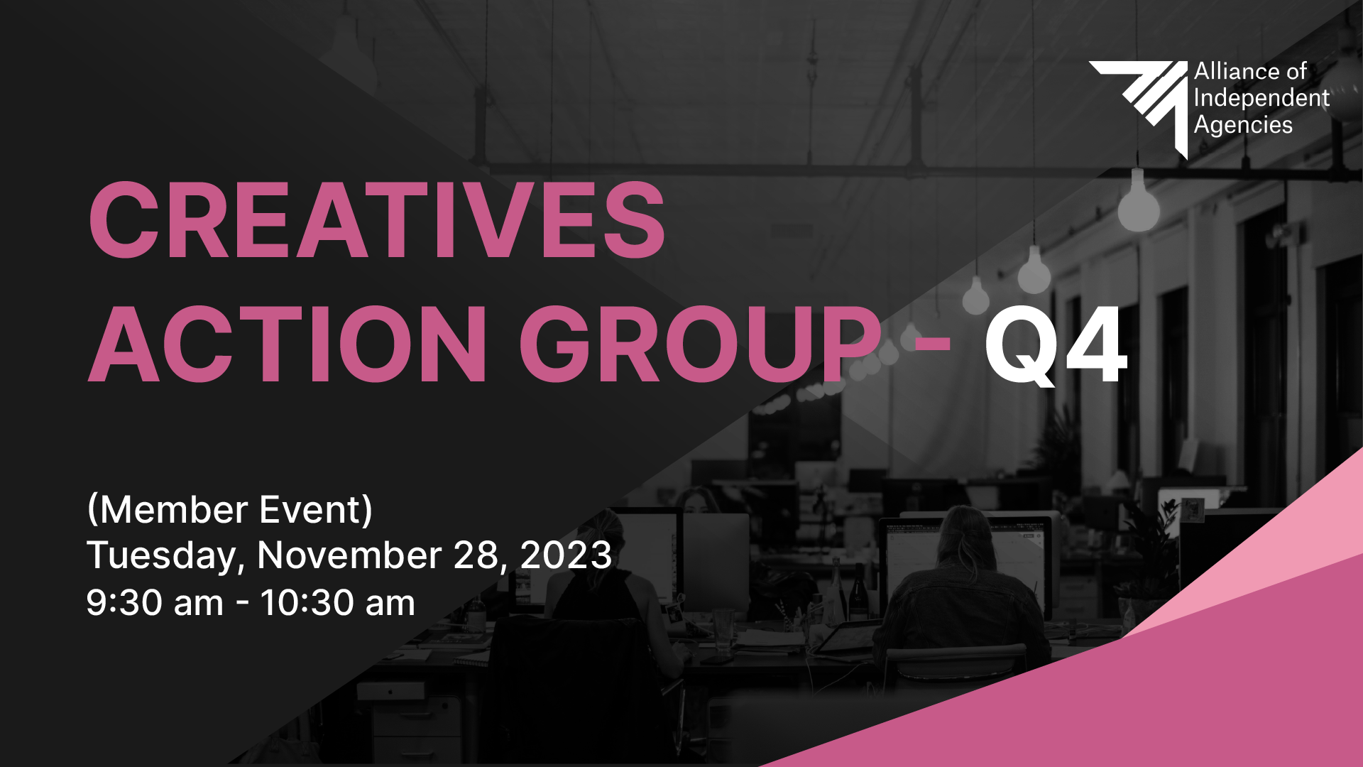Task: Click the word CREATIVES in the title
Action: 377,219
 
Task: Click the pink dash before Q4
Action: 931,345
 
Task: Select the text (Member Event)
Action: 229,510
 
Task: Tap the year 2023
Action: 566,555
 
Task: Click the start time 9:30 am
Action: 155,602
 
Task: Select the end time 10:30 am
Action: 337,602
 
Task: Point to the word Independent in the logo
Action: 1261,98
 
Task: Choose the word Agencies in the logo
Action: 1243,125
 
